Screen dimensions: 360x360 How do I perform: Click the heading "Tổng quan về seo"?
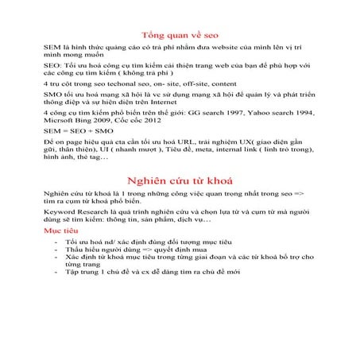[x=180, y=36]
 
